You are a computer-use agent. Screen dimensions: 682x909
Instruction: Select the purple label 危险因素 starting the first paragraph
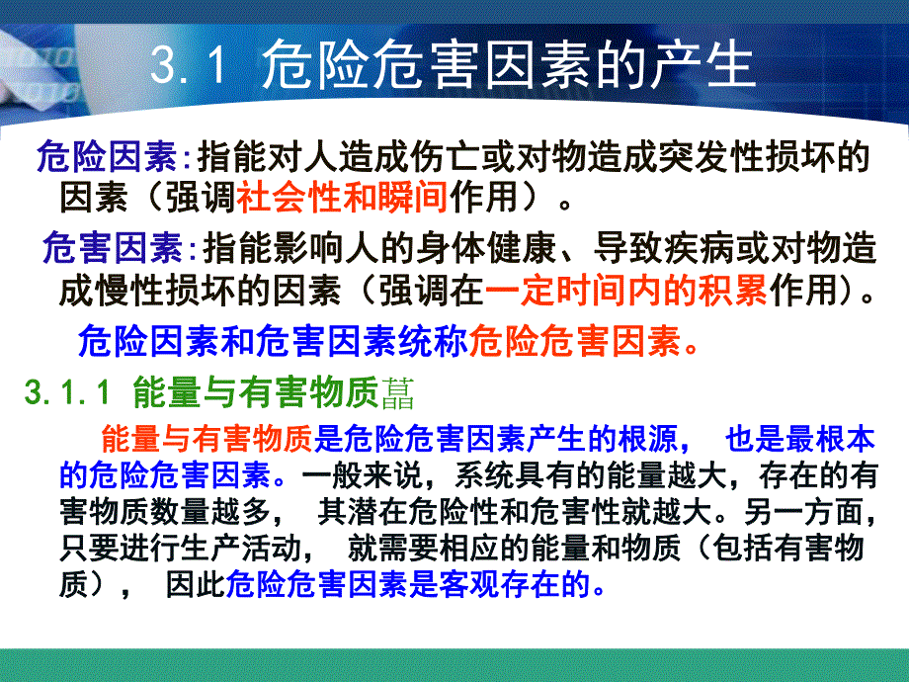pos(107,156)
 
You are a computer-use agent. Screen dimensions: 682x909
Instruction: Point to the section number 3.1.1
pos(68,393)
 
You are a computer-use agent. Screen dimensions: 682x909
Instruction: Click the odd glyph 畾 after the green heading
pos(396,393)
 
